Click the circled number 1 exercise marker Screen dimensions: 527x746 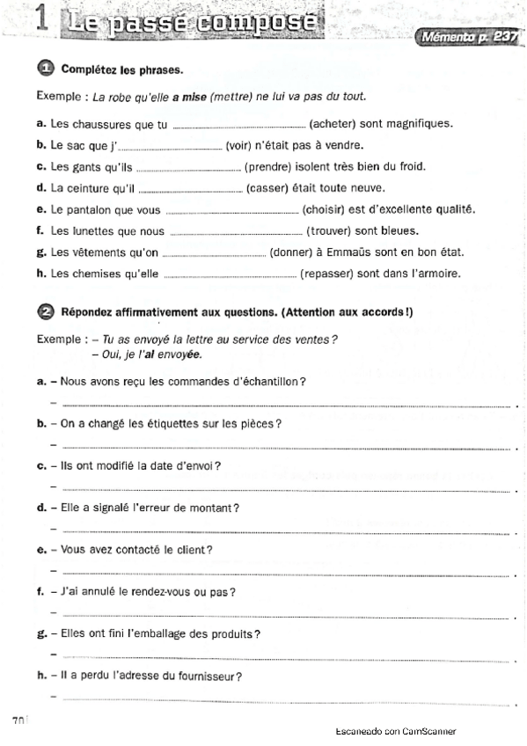[x=46, y=68]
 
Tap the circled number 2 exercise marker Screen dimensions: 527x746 [x=46, y=311]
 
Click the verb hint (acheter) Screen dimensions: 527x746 [x=339, y=124]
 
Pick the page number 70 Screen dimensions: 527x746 [x=18, y=720]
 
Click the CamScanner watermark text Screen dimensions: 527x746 [x=395, y=732]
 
